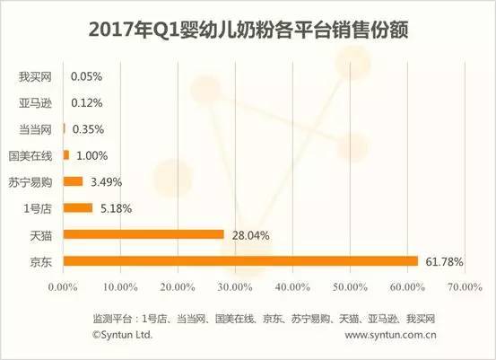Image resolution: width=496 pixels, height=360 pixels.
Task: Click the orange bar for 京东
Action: click(240, 261)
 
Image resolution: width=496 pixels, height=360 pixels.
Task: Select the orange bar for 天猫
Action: click(144, 234)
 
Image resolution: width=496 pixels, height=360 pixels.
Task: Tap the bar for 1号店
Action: click(78, 208)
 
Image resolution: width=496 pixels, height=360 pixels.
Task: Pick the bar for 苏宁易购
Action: click(73, 181)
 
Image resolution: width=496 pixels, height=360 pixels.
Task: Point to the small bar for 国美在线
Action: click(66, 155)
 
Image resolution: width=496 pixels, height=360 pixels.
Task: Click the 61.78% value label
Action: click(444, 262)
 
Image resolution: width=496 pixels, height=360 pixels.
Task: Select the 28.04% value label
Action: click(251, 235)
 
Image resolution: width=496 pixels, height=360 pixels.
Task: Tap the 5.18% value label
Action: click(116, 208)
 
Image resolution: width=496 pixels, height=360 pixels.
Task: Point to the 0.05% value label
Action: click(86, 76)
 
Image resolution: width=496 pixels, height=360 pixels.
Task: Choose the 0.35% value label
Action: click(88, 129)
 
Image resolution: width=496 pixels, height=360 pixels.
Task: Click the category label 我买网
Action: click(35, 77)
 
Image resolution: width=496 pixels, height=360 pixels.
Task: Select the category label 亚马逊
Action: click(35, 103)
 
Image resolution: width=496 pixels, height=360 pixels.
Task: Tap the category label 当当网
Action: click(35, 130)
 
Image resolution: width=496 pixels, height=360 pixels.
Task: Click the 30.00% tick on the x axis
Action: click(235, 287)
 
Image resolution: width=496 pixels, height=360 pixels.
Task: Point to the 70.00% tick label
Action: click(465, 287)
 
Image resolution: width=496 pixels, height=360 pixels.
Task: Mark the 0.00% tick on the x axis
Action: click(63, 287)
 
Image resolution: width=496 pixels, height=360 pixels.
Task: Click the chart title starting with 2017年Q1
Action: click(248, 31)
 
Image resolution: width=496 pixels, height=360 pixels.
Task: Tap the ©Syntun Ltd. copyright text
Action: click(122, 335)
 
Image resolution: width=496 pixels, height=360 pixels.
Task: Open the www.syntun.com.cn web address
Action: click(390, 335)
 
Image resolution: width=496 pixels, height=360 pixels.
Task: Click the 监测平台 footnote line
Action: click(264, 319)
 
